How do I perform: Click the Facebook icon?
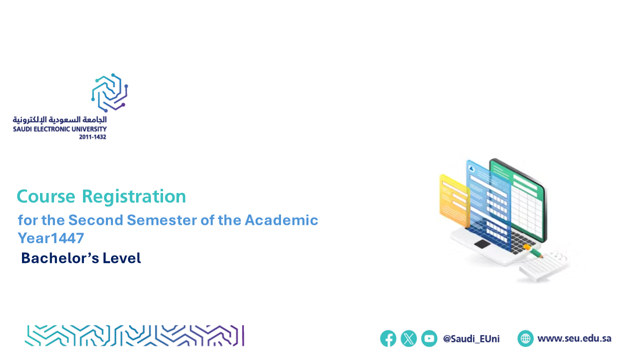click(388, 338)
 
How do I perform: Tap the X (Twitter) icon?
click(408, 338)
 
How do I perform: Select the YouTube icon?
click(429, 338)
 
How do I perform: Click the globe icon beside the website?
click(525, 338)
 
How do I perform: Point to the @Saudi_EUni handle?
click(471, 339)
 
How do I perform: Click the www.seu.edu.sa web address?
click(574, 338)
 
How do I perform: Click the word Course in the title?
click(46, 196)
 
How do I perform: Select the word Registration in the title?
click(134, 196)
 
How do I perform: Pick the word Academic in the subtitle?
click(281, 220)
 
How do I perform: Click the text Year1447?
click(51, 238)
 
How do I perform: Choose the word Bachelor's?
click(60, 258)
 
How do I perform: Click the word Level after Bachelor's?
click(121, 258)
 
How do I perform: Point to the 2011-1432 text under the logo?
click(92, 137)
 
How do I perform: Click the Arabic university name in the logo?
click(59, 119)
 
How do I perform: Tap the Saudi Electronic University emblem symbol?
click(109, 92)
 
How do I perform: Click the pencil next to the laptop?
click(533, 251)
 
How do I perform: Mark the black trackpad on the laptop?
click(482, 244)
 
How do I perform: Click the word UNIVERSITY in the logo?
click(89, 129)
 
